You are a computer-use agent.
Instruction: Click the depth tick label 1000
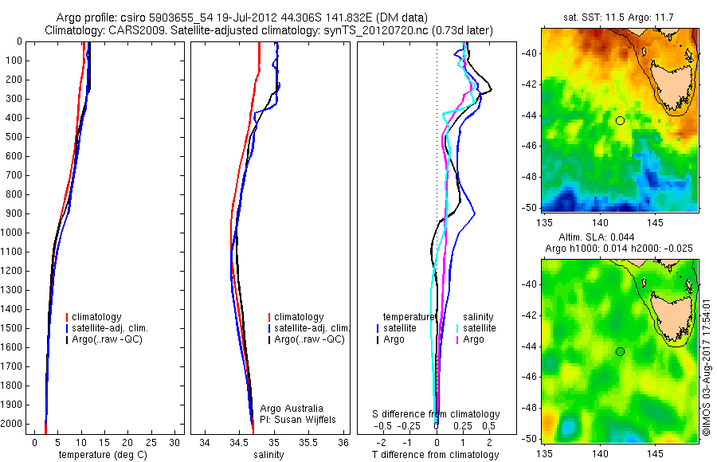click(12, 233)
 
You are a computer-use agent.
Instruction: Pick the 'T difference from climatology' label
click(436, 455)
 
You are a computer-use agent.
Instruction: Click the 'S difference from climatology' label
click(437, 414)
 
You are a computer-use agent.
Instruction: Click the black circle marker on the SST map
click(620, 120)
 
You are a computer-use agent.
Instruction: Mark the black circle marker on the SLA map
click(620, 351)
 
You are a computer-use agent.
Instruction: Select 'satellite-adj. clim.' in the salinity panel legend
click(311, 328)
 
